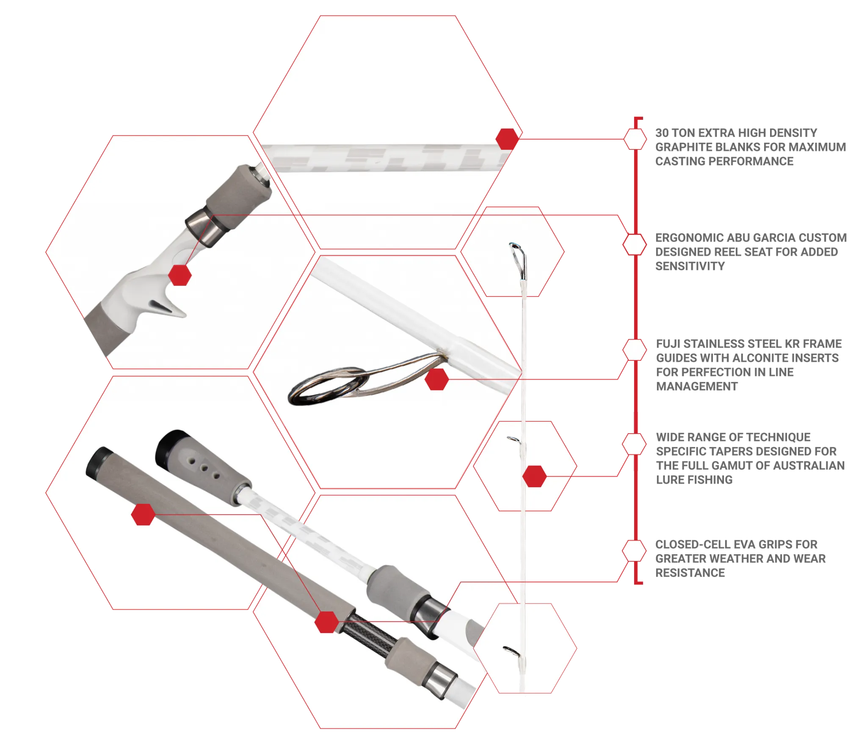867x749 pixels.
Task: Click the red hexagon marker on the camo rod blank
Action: pyautogui.click(x=507, y=138)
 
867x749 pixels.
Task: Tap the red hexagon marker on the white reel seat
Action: pyautogui.click(x=180, y=275)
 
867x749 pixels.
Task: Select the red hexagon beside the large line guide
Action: pyautogui.click(x=436, y=379)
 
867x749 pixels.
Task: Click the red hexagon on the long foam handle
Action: pyautogui.click(x=143, y=515)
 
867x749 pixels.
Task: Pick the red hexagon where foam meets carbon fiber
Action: pyautogui.click(x=327, y=622)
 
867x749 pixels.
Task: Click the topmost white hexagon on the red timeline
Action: pyautogui.click(x=635, y=138)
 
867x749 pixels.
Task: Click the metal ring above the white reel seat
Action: pyautogui.click(x=202, y=231)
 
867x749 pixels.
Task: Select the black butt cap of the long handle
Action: pyautogui.click(x=98, y=462)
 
